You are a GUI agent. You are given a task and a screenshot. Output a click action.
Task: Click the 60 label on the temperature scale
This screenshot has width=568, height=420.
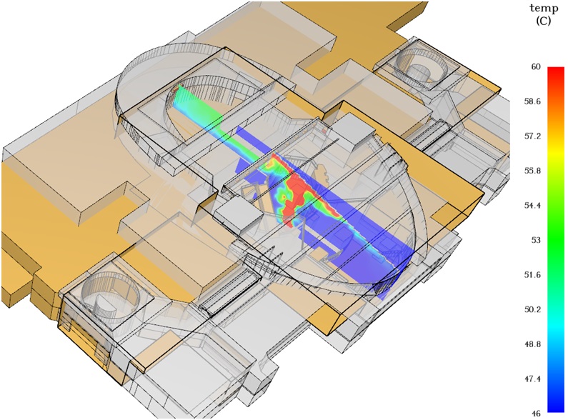tap(536, 67)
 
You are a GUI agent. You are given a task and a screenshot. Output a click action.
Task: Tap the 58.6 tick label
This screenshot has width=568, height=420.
tap(532, 101)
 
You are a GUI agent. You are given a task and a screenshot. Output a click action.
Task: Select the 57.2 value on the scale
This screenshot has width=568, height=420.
tap(532, 136)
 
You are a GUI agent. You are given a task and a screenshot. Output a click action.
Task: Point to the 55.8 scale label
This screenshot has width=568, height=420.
tap(532, 171)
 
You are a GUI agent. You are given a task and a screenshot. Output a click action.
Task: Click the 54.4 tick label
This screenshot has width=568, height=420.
tap(532, 206)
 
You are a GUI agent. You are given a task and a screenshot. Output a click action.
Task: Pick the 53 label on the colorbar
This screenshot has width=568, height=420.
tap(536, 241)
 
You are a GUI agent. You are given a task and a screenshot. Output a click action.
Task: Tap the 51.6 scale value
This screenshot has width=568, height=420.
tap(532, 275)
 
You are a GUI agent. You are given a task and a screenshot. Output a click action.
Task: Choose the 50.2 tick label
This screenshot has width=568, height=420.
tap(532, 309)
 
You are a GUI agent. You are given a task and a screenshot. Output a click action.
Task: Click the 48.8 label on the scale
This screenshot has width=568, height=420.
tap(532, 344)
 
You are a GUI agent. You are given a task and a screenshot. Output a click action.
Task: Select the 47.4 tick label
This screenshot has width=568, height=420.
tap(532, 379)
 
